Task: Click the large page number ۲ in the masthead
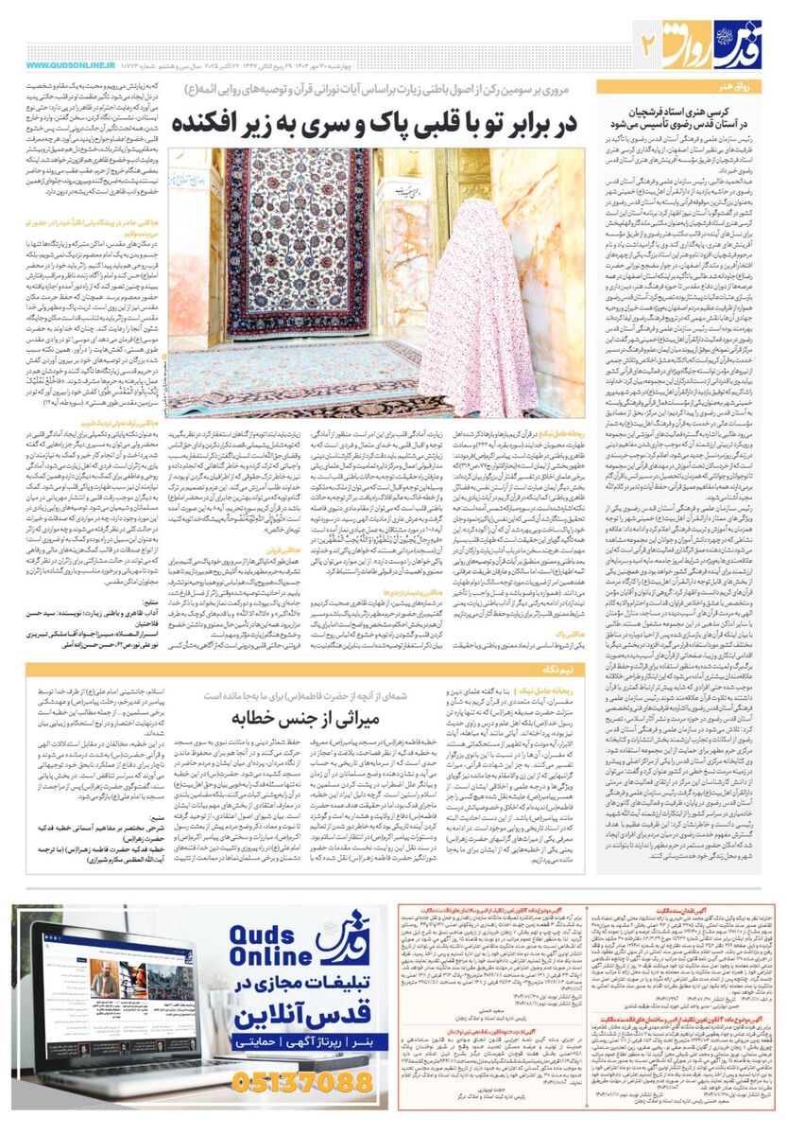648,42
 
